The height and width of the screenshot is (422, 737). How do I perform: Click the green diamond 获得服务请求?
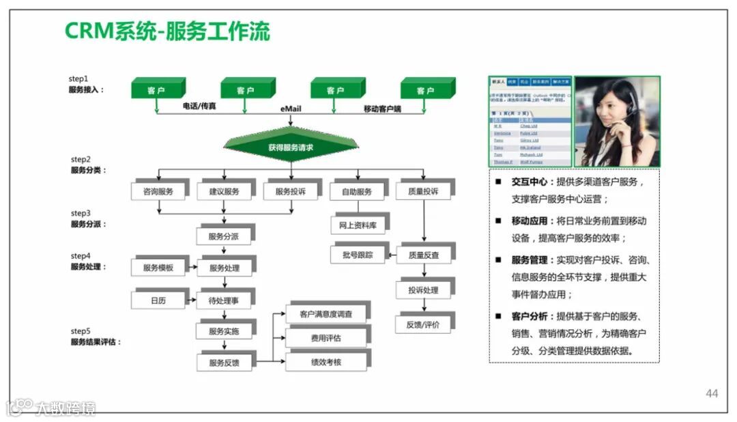291,147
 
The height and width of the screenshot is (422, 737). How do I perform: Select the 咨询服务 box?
158,192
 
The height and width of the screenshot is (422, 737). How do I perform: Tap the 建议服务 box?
224,192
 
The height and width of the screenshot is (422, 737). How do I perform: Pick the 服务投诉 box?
290,192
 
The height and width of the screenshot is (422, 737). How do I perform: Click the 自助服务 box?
356,192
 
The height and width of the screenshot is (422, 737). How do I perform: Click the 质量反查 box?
423,255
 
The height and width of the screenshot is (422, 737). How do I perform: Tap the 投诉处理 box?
423,290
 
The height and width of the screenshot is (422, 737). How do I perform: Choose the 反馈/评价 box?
423,324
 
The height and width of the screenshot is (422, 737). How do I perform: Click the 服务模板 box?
158,268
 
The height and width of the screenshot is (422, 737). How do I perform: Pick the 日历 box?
158,300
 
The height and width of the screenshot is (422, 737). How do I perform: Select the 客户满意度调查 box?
326,314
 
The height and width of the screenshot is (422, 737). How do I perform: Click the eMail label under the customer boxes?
291,109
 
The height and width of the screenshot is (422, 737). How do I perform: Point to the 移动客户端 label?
382,109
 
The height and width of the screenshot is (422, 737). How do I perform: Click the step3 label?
79,213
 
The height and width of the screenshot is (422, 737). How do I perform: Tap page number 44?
712,393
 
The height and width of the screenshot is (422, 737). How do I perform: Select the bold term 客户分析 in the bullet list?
529,316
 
